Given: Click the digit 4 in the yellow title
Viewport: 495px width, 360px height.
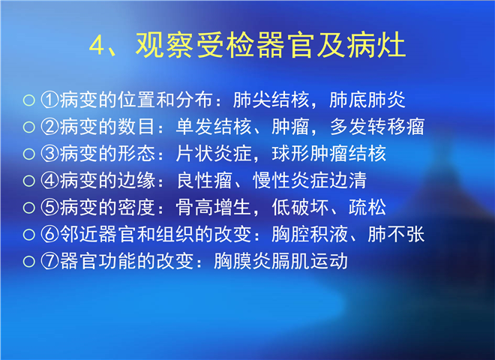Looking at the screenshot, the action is point(97,46).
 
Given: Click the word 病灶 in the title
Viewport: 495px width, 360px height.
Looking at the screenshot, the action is point(376,45).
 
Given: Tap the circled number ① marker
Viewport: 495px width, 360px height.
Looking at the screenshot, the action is point(49,100).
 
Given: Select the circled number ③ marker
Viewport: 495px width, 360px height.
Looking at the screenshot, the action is point(49,154).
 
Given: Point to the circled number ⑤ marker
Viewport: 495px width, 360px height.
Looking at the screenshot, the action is point(49,208).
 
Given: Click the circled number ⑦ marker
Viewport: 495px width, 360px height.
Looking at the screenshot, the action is point(49,262).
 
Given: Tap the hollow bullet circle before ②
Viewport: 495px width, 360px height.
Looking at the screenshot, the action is point(29,127).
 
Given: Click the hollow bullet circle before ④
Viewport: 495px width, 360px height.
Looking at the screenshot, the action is point(29,181).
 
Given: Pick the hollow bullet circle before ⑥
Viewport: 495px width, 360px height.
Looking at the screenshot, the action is point(29,235).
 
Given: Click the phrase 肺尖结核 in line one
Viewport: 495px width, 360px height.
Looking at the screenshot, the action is point(271,100).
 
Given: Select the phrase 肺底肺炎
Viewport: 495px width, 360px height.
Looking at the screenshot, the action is point(367,100).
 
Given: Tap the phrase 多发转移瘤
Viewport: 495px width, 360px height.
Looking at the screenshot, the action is point(377,127).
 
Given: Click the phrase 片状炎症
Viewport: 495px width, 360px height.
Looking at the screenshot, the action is point(214,154).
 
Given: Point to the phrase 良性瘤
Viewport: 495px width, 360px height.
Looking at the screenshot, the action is point(204,181).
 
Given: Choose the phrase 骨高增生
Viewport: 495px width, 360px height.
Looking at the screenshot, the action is point(214,208).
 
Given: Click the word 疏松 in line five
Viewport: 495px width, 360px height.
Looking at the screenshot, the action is point(367,208).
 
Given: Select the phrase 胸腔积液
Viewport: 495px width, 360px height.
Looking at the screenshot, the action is point(310,235).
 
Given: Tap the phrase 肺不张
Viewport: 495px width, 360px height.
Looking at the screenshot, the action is point(396,235).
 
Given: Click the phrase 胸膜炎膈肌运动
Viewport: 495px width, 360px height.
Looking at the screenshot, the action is point(280,262).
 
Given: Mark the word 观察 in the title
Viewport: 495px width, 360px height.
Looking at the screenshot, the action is point(164,45).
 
